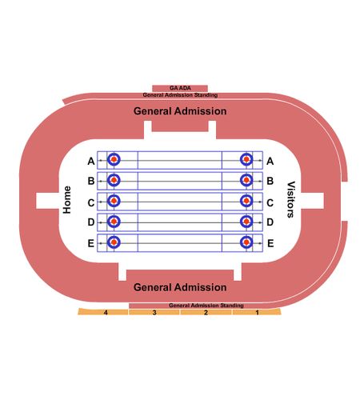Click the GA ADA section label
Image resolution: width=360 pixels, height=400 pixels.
[x=180, y=88]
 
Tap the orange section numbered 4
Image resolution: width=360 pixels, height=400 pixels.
[x=103, y=312]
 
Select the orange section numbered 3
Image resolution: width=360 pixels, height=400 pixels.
[x=154, y=312]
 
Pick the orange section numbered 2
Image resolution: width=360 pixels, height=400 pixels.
[x=206, y=312]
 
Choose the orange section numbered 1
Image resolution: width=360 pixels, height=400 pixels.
[x=257, y=312]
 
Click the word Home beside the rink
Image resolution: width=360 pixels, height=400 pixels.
[x=67, y=200]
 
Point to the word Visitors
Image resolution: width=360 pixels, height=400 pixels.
[x=290, y=199]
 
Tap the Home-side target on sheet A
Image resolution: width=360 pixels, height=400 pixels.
[x=114, y=159]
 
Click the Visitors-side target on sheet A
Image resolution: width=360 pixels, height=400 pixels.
[x=246, y=159]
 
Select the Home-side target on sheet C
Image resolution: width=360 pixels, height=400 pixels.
[x=114, y=201]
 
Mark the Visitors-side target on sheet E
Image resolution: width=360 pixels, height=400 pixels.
[x=246, y=242]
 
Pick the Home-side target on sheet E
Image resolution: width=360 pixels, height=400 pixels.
[x=114, y=242]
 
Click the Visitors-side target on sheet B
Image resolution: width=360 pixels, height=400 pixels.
[x=246, y=180]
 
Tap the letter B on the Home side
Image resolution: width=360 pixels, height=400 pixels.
[x=91, y=181]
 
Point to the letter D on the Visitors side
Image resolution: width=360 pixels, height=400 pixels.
[x=270, y=222]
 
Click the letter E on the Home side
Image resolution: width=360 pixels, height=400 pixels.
[x=91, y=243]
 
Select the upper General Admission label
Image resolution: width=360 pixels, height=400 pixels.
[x=180, y=111]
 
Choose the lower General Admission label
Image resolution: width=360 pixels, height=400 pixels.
[x=180, y=287]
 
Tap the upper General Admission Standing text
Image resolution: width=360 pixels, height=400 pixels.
[x=180, y=95]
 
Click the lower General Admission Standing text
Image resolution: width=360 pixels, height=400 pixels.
[x=206, y=306]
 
